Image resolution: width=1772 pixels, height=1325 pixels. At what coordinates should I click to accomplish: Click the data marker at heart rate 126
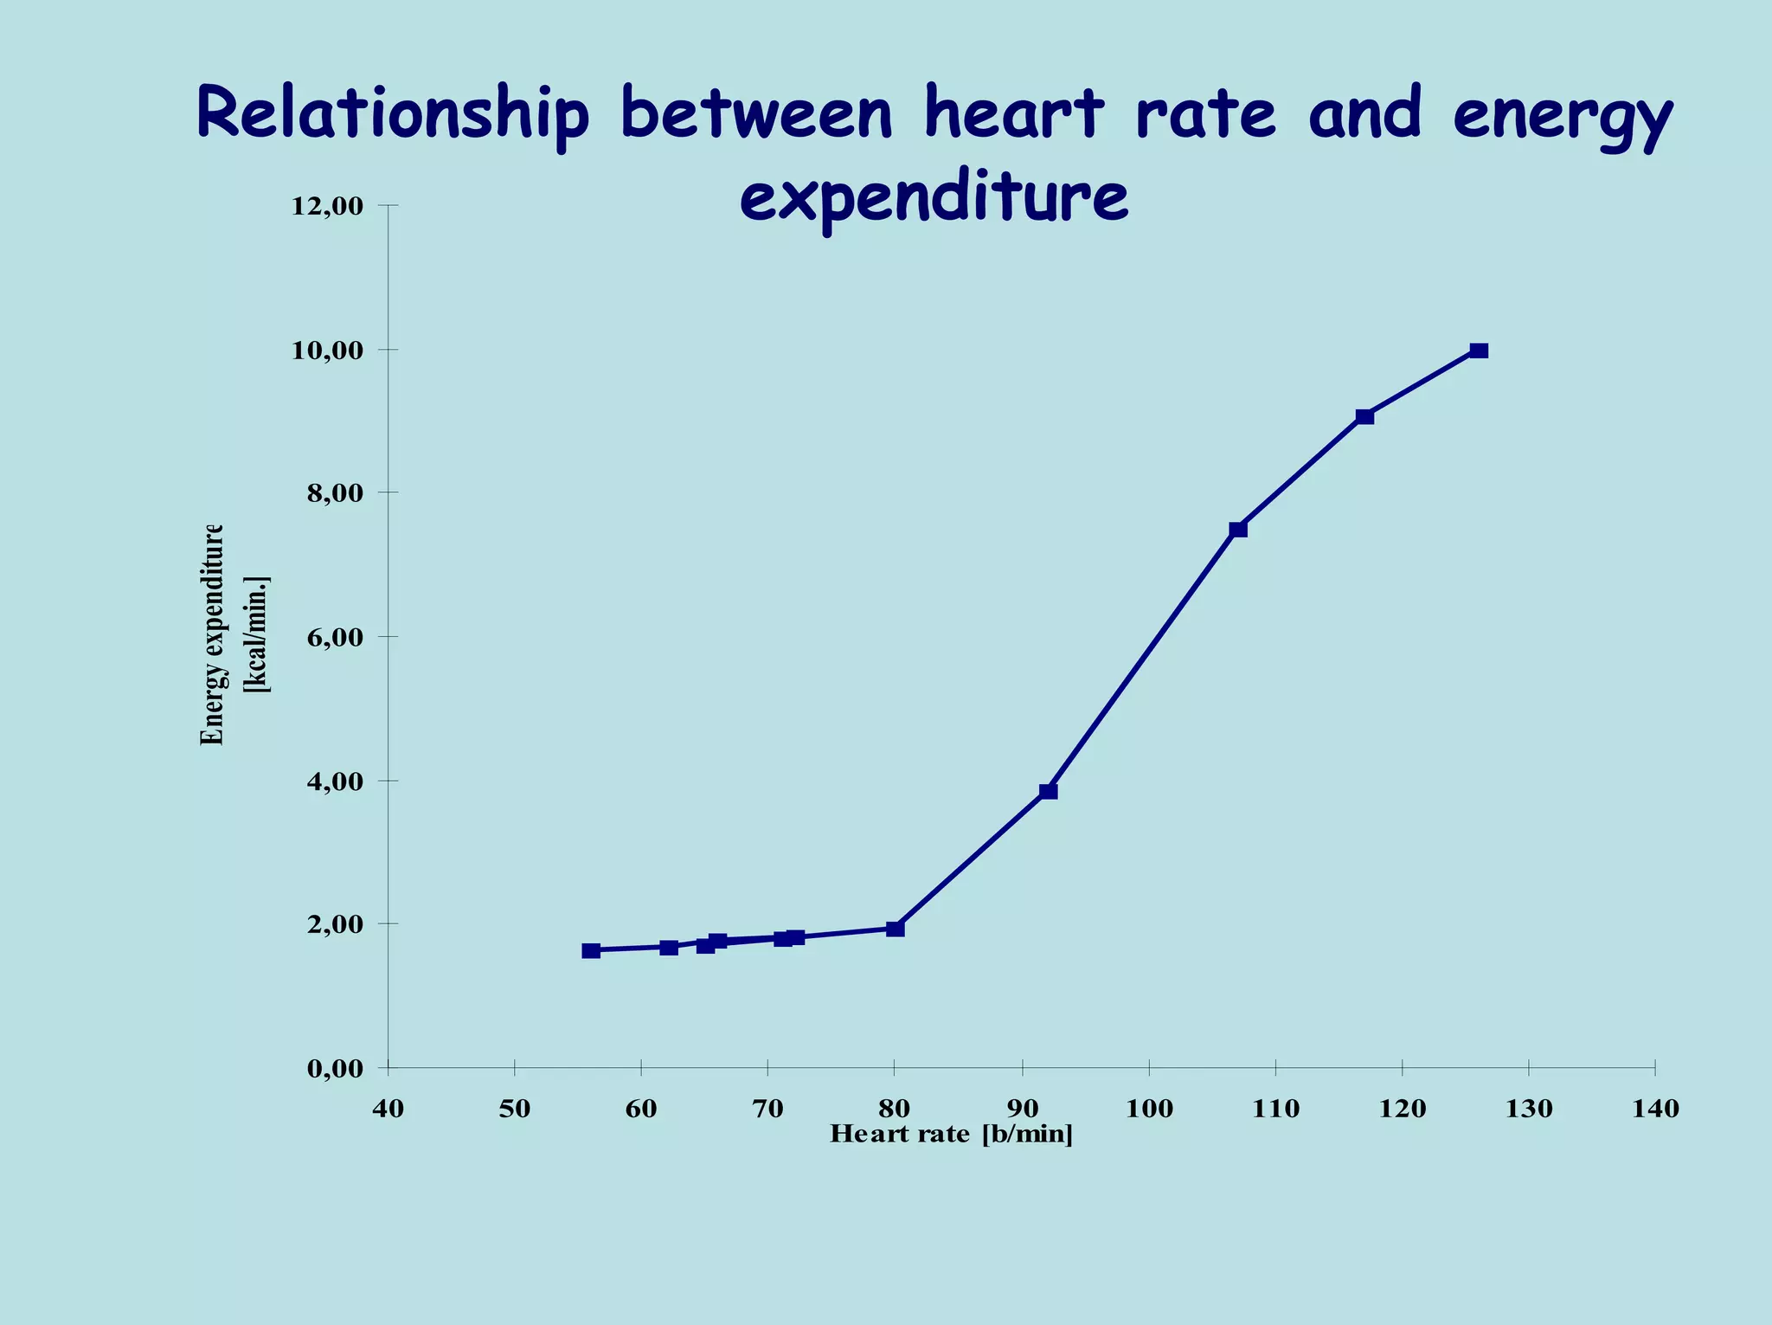pyautogui.click(x=1479, y=351)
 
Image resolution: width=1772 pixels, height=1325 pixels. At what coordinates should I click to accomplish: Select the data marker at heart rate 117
pyautogui.click(x=1364, y=416)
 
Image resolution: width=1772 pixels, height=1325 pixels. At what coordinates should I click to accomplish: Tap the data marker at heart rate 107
pyautogui.click(x=1238, y=529)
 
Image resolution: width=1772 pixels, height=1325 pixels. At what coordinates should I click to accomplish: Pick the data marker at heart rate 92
pyautogui.click(x=1049, y=791)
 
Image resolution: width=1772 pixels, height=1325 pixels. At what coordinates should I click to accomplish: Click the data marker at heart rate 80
pyautogui.click(x=896, y=929)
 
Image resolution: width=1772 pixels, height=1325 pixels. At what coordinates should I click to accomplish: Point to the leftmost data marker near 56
pyautogui.click(x=591, y=950)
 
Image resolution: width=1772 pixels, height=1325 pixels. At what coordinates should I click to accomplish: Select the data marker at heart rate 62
pyautogui.click(x=668, y=948)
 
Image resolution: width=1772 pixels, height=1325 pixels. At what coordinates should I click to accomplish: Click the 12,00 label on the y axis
pyautogui.click(x=327, y=206)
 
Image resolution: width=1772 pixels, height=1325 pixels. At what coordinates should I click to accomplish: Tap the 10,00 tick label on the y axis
pyautogui.click(x=327, y=351)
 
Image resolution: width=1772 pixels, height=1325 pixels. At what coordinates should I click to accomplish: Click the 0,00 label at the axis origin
pyautogui.click(x=333, y=1069)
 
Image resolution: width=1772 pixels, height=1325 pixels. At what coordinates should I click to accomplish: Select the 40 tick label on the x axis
pyautogui.click(x=388, y=1110)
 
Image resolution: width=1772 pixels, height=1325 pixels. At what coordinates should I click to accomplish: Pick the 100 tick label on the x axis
pyautogui.click(x=1149, y=1110)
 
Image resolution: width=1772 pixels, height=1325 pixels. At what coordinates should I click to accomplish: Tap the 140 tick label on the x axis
pyautogui.click(x=1654, y=1110)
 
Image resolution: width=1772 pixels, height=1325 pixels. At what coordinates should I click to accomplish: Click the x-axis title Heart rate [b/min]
pyautogui.click(x=951, y=1135)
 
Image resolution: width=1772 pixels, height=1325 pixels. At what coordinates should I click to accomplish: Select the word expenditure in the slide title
pyautogui.click(x=934, y=198)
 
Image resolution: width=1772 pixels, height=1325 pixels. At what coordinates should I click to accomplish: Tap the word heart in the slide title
pyautogui.click(x=1014, y=113)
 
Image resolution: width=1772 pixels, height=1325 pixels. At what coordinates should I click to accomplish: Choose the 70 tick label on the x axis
pyautogui.click(x=767, y=1110)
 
